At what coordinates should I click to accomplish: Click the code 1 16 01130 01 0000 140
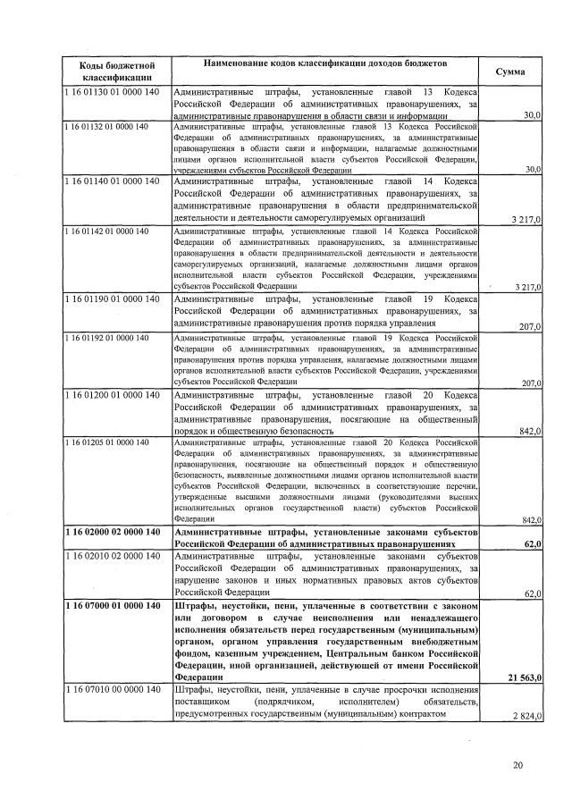[x=112, y=93]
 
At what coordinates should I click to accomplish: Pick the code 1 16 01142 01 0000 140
[x=106, y=231]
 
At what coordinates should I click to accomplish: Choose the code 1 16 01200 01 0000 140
[x=112, y=395]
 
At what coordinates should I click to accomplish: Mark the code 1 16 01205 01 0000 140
[x=106, y=442]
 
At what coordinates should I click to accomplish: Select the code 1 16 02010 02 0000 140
[x=112, y=557]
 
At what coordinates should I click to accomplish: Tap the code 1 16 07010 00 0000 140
[x=112, y=690]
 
